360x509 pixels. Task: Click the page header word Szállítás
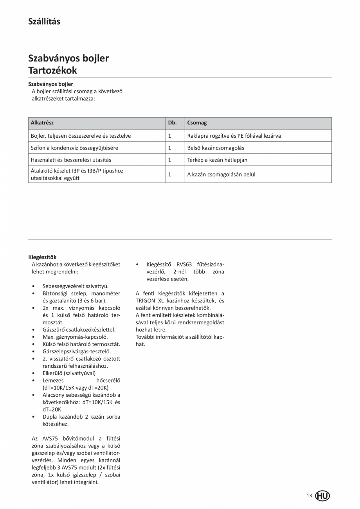click(x=44, y=22)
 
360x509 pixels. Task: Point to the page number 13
click(x=309, y=496)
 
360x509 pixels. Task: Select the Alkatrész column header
click(x=42, y=123)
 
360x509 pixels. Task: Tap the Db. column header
click(x=172, y=123)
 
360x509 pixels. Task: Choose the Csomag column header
click(x=197, y=123)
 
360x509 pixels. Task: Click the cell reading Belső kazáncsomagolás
click(x=213, y=148)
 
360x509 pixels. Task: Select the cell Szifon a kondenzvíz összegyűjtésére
click(x=74, y=148)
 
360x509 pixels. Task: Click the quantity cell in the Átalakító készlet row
click(x=170, y=174)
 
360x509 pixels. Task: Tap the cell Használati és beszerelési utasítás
click(x=71, y=160)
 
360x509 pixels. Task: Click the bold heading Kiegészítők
click(x=42, y=257)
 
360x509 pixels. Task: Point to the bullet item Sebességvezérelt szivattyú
click(x=76, y=286)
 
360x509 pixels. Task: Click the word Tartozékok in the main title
click(x=52, y=70)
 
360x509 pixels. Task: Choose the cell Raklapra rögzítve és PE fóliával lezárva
click(x=234, y=136)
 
